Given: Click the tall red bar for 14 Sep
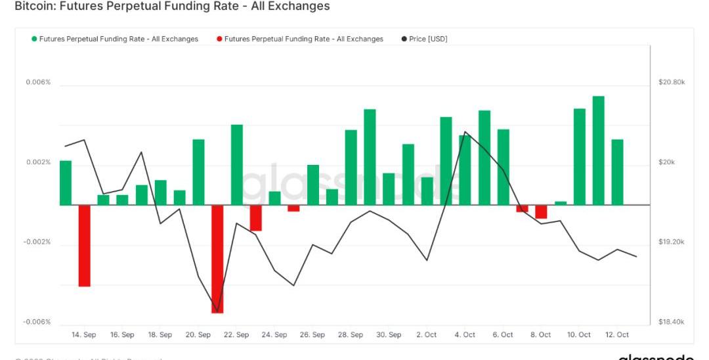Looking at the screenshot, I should point(84,246).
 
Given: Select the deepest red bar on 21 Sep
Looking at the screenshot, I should point(217,259).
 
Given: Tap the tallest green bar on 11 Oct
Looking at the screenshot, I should point(598,150).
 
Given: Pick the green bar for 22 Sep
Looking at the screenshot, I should point(236,164).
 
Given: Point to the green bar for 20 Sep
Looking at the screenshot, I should point(198,172).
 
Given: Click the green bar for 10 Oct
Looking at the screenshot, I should point(579,156).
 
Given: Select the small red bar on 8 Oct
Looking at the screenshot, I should point(541,212).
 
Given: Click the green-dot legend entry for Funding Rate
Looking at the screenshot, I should point(114,39).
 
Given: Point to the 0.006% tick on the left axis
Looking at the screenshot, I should point(38,82).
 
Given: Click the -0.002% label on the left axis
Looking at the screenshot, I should point(37,242).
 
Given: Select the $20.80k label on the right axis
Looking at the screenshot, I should point(672,82).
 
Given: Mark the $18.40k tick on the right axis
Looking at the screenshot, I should point(672,322).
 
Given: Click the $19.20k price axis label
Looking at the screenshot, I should point(672,242).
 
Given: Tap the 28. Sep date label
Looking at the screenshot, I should point(351,335).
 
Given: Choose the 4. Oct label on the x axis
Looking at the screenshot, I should point(465,335).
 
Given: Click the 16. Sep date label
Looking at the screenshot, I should point(122,335).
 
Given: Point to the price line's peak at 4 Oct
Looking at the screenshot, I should point(465,131).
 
